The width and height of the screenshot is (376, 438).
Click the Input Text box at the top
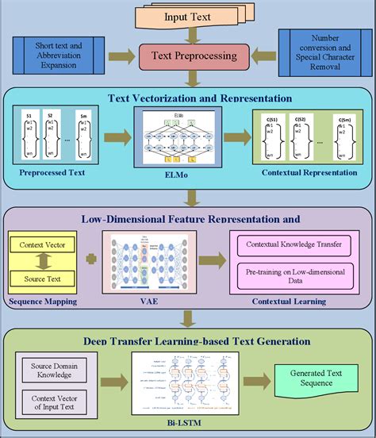[x=187, y=16]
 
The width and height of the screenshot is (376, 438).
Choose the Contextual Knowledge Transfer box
[x=292, y=246]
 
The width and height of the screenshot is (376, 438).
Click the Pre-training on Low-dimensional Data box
[x=292, y=274]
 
